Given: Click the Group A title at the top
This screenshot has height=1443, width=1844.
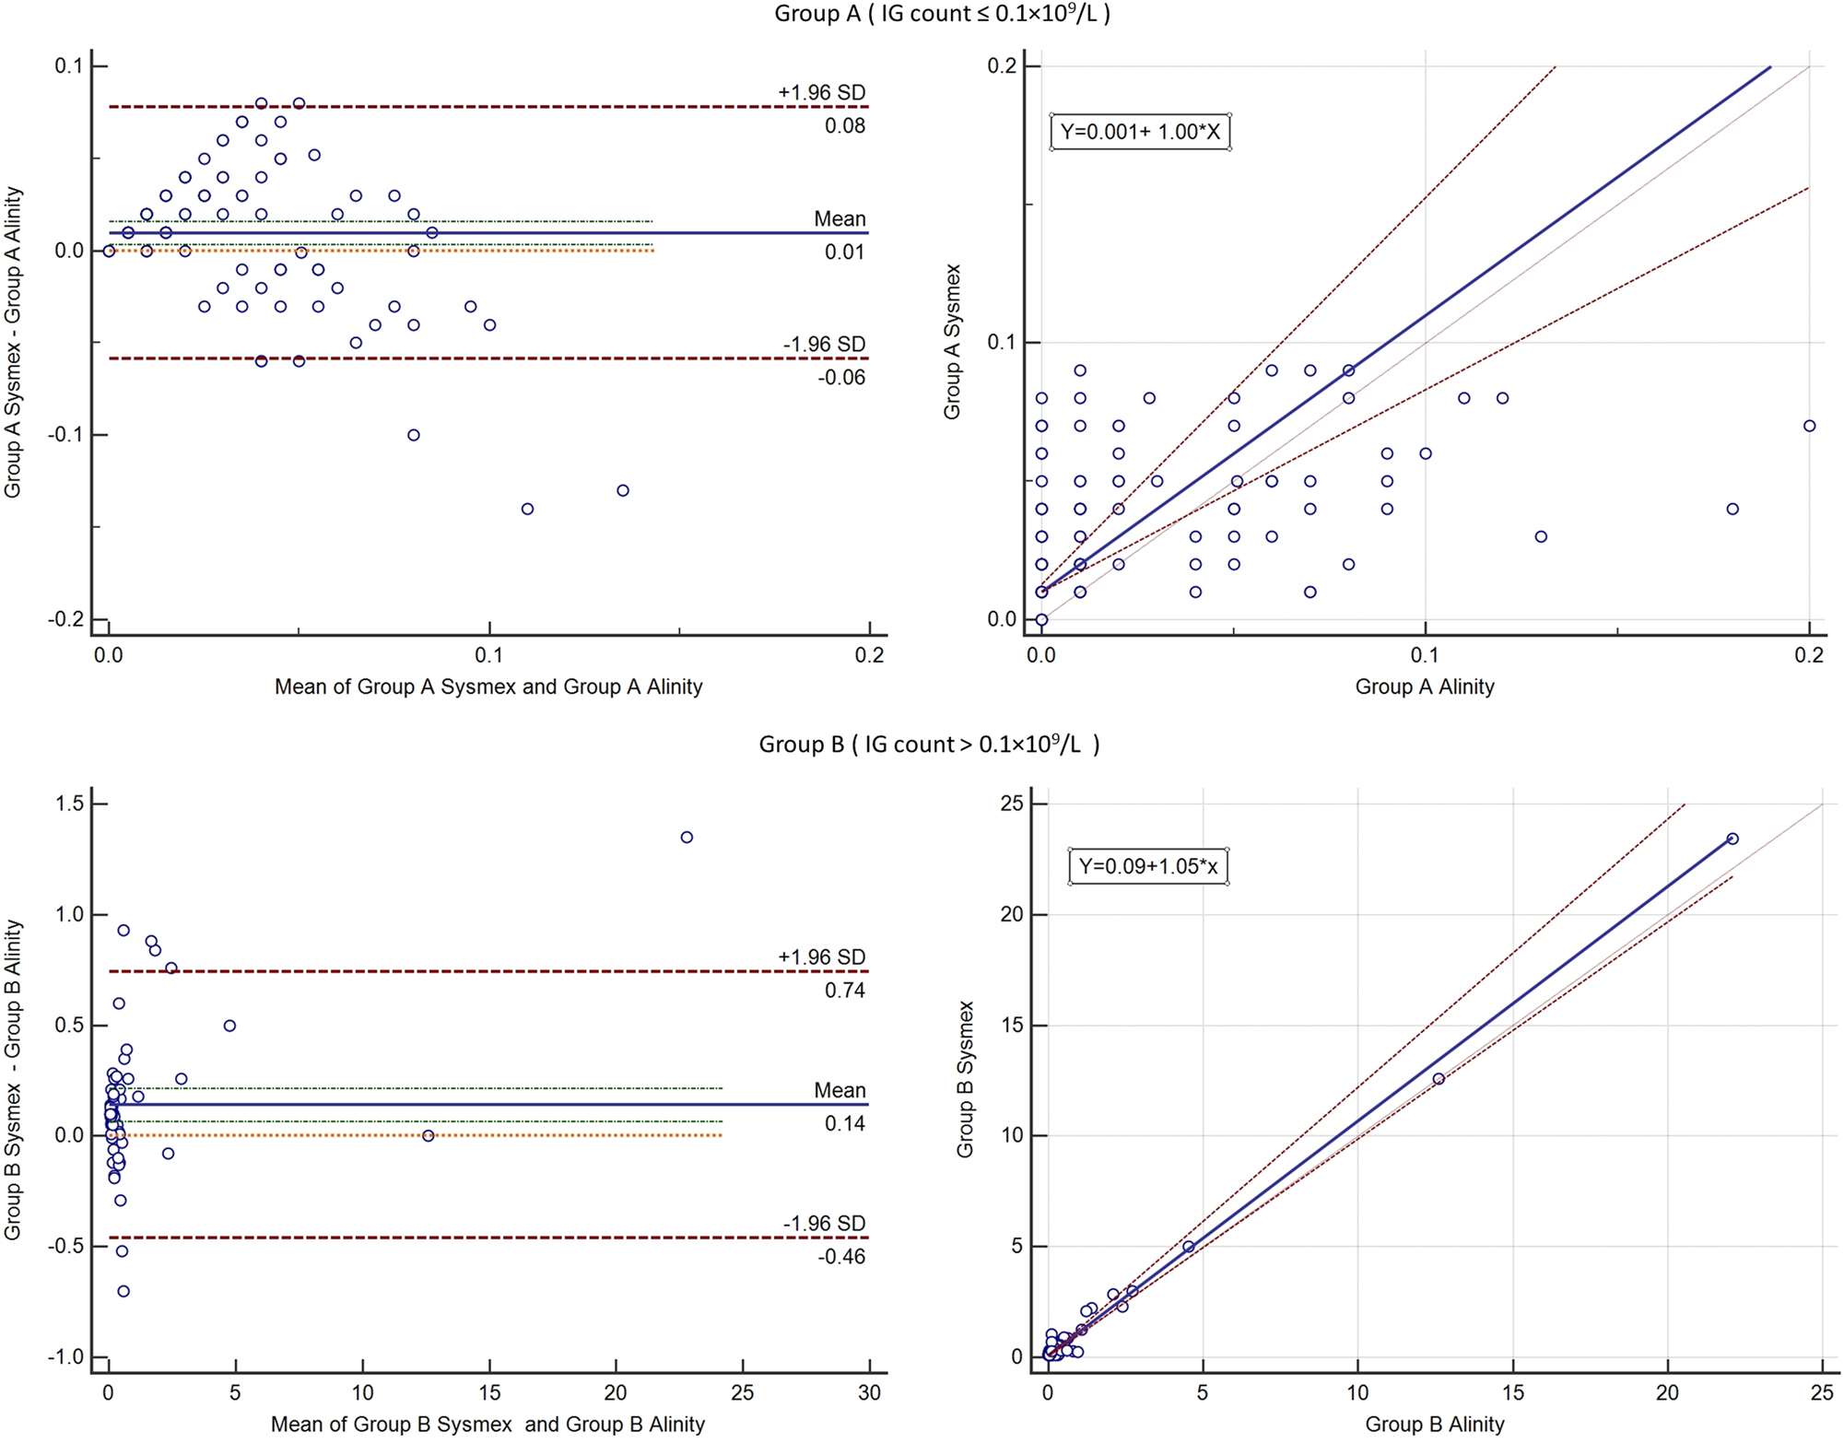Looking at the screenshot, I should coord(942,14).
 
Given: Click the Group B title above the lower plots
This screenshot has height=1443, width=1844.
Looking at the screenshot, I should coord(929,745).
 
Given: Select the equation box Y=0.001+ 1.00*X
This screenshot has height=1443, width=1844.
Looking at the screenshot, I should coord(1140,132).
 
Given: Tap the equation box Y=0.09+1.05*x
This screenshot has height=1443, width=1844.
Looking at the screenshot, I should coord(1148,866).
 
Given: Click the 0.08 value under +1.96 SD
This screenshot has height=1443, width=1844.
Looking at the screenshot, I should coord(844,126).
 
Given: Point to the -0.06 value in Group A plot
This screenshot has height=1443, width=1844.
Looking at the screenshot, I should coord(840,377).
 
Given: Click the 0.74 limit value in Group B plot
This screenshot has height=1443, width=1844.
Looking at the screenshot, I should coord(844,991).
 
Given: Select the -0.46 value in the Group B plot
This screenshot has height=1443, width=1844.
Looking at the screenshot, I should coord(840,1257).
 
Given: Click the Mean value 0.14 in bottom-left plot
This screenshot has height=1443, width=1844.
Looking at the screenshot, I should coord(844,1123).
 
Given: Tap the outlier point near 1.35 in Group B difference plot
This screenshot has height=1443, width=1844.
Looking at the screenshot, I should coord(687,838).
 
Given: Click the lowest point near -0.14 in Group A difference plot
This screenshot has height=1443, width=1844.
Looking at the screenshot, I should coord(527,509).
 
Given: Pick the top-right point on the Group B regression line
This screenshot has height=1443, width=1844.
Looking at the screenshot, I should coord(1732,839).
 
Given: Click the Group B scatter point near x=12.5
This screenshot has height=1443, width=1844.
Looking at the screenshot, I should coord(1439,1079).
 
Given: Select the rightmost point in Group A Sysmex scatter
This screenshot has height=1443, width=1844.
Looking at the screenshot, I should coord(1810,426).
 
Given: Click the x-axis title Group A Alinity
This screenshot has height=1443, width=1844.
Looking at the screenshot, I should coord(1425,686).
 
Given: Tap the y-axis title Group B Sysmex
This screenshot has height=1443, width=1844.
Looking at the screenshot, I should coord(965,1079).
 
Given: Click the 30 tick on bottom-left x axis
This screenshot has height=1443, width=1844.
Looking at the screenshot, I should coord(869,1392).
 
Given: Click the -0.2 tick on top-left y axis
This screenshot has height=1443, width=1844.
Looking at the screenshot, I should coord(66,619).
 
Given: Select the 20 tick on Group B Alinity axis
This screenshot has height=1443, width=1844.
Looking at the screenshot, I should coord(1667,1392).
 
